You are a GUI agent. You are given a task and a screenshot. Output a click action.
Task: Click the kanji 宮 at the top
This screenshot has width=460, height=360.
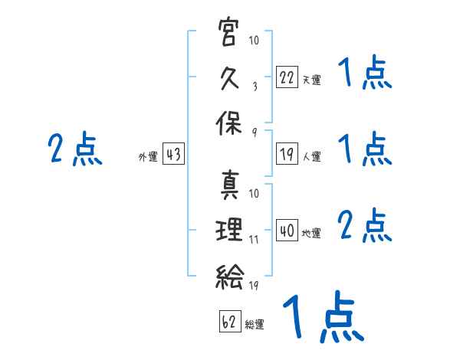[228, 32]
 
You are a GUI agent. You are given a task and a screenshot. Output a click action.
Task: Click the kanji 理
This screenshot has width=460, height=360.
[228, 229]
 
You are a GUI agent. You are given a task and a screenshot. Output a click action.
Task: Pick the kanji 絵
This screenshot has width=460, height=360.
[229, 277]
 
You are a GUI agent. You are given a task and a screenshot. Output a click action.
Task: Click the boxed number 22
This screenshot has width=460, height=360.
[287, 77]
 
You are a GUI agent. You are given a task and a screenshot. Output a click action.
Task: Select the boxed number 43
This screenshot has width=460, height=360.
[173, 153]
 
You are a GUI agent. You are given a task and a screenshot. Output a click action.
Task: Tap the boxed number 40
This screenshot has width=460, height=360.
[287, 230]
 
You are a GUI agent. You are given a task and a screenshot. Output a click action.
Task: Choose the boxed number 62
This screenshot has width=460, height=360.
[230, 321]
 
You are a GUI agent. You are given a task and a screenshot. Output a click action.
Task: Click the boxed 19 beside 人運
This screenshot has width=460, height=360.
[287, 153]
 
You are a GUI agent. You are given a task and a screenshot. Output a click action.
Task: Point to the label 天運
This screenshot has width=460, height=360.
[311, 80]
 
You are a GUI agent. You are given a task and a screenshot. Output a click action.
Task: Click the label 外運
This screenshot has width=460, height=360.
[148, 156]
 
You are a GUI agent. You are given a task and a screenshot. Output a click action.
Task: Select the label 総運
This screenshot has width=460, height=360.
[255, 324]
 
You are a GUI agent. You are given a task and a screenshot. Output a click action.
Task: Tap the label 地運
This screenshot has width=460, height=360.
[311, 233]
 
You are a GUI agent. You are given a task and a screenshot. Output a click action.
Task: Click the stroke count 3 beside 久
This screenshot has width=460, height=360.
[255, 87]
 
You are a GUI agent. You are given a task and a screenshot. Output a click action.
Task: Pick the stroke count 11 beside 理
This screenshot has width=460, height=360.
[254, 240]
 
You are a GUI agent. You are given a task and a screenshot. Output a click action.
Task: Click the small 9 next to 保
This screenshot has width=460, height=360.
[255, 133]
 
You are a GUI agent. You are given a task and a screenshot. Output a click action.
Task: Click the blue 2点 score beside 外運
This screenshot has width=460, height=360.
[75, 149]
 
